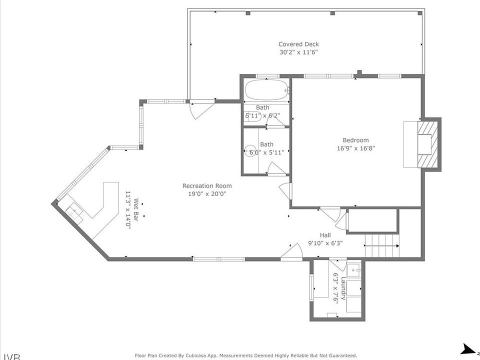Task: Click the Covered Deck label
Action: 298,44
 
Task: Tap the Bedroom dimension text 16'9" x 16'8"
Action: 355,148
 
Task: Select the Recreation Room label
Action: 207,186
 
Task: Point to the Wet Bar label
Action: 136,210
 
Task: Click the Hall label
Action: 325,235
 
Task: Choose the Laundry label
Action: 343,288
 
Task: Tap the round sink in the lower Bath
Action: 250,151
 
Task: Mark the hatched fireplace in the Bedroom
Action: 427,144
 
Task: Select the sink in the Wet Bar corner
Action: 74,210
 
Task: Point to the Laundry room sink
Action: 354,269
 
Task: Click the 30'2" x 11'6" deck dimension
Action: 298,52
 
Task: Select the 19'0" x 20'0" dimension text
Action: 207,194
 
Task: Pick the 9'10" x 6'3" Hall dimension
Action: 325,243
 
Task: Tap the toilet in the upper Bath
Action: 253,116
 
